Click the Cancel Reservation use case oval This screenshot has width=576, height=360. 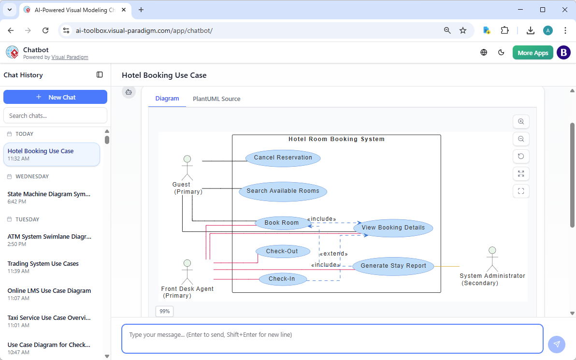pyautogui.click(x=283, y=158)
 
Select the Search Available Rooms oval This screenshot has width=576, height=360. pyautogui.click(x=283, y=191)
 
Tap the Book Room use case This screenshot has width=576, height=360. pyautogui.click(x=282, y=223)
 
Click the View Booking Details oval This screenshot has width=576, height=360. pyautogui.click(x=393, y=228)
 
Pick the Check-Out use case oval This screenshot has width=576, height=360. pyautogui.click(x=282, y=251)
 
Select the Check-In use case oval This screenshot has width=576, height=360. pyautogui.click(x=282, y=279)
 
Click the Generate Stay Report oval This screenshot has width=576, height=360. pyautogui.click(x=393, y=266)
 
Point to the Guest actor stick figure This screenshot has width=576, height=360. pyautogui.click(x=187, y=167)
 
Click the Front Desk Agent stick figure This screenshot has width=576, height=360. pyautogui.click(x=187, y=272)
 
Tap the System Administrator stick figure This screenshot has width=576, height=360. pyautogui.click(x=492, y=259)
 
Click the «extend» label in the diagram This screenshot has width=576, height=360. pyautogui.click(x=333, y=254)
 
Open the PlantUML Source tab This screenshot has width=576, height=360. pyautogui.click(x=216, y=99)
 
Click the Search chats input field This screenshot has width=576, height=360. pyautogui.click(x=55, y=115)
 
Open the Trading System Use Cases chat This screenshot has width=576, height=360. pyautogui.click(x=43, y=264)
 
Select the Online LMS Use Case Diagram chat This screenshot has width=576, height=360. pyautogui.click(x=49, y=291)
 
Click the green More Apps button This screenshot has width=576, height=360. pyautogui.click(x=533, y=53)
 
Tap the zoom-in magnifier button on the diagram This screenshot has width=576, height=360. pyautogui.click(x=521, y=122)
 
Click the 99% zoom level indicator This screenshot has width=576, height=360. pyautogui.click(x=164, y=311)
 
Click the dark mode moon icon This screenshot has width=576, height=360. pyautogui.click(x=501, y=53)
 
